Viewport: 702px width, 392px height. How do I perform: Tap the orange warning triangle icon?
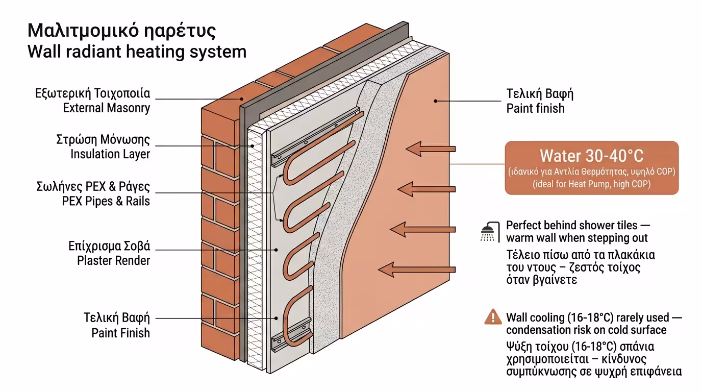492,317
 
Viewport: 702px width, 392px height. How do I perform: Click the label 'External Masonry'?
106,108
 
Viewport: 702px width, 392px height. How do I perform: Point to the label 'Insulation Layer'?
110,154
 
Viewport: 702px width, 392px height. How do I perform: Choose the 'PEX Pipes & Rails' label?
106,201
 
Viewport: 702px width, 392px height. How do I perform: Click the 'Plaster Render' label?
113,260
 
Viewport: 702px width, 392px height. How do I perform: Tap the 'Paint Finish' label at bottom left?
120,333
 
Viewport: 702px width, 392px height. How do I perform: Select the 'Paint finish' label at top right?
535,108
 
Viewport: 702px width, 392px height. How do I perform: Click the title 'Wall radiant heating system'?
137,52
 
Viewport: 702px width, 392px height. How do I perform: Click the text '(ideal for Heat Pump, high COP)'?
591,184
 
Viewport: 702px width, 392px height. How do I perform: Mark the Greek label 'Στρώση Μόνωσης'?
103,140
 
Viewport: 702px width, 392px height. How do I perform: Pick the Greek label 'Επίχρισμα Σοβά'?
109,247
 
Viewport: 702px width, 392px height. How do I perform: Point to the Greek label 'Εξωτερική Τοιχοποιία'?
92,94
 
